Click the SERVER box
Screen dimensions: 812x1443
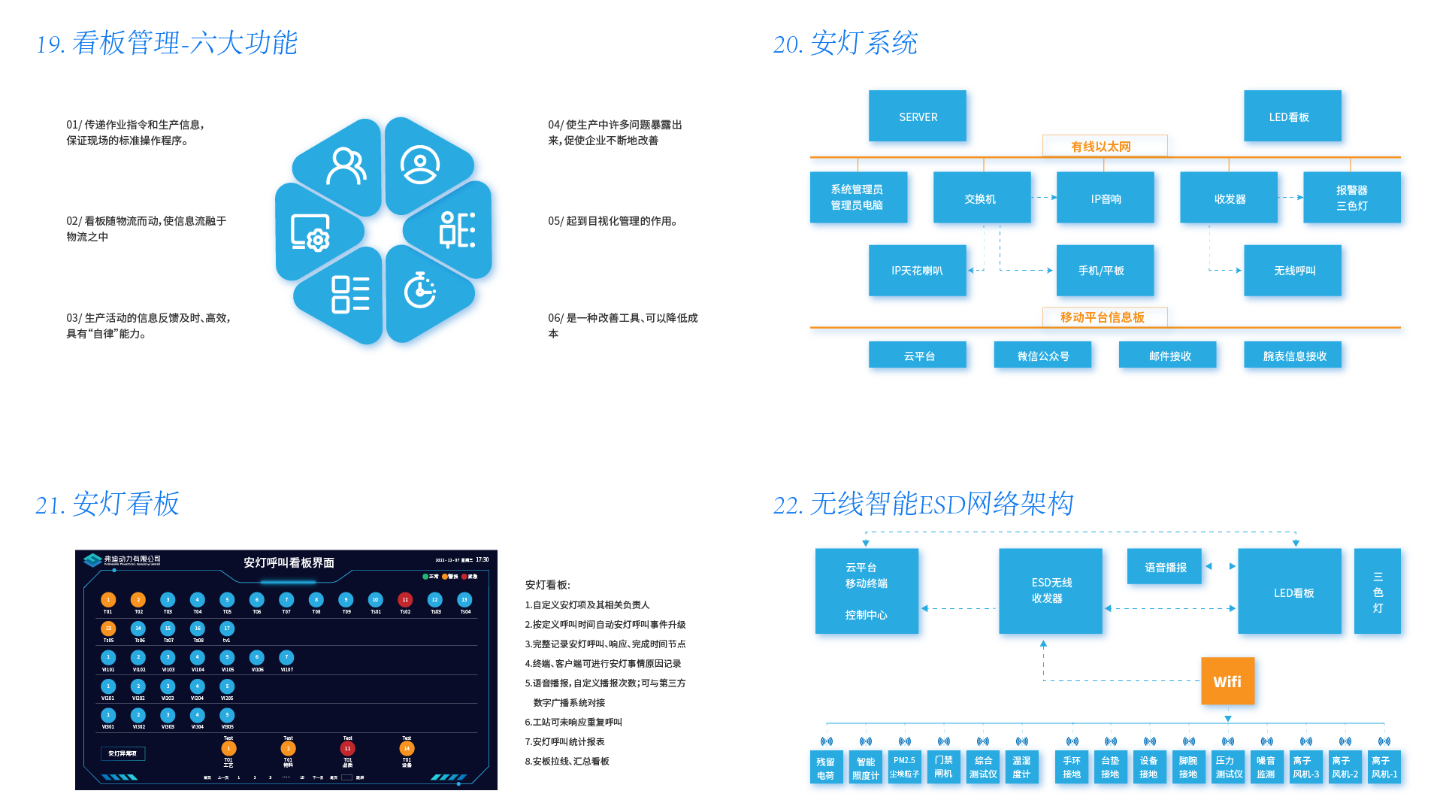[x=918, y=117]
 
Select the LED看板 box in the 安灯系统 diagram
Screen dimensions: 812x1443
[x=1289, y=117]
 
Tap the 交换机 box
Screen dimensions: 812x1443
[x=980, y=198]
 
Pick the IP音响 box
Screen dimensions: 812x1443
[x=1106, y=198]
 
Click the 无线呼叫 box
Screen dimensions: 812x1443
[x=1294, y=270]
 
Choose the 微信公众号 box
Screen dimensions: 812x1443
[x=1043, y=356]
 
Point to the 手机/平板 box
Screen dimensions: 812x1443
[x=1101, y=270]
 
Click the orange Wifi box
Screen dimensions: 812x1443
[x=1227, y=681]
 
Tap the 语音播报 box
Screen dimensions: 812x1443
[x=1166, y=567]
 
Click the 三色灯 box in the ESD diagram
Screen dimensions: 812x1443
[x=1378, y=592]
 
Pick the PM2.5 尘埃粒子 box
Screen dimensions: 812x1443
[x=904, y=767]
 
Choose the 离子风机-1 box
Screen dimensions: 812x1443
[x=1384, y=767]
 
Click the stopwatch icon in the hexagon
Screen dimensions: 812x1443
[x=419, y=290]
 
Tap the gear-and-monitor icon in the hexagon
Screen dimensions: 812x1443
[x=310, y=233]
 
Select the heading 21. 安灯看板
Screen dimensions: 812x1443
[x=107, y=504]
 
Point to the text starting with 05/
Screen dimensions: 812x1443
[x=613, y=221]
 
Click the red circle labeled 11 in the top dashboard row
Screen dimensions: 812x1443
[x=405, y=599]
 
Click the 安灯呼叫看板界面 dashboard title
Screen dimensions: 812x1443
[x=289, y=562]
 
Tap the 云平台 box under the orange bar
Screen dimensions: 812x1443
[x=919, y=356]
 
